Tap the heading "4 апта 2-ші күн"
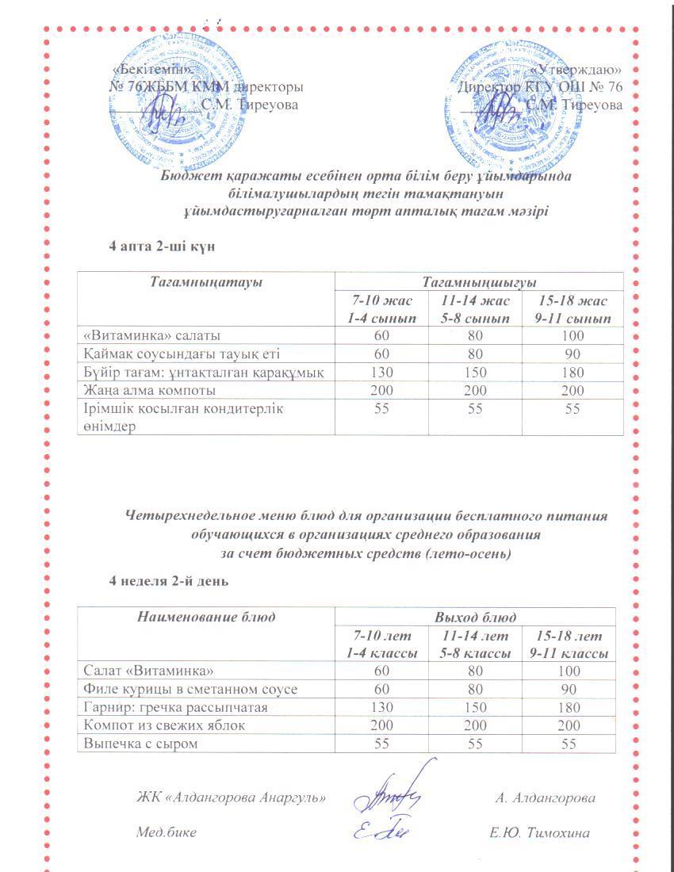point(163,247)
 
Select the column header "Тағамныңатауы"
point(205,282)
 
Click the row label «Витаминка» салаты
point(148,335)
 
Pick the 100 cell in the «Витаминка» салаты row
point(572,335)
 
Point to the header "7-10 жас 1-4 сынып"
point(381,309)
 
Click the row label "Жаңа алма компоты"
point(150,390)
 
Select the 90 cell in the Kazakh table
point(572,354)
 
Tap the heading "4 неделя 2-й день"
point(169,581)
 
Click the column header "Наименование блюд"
point(205,617)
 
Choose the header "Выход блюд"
point(476,617)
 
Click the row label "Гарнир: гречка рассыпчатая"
point(175,707)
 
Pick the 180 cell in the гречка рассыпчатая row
point(572,707)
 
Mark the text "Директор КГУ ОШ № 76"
point(540,87)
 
